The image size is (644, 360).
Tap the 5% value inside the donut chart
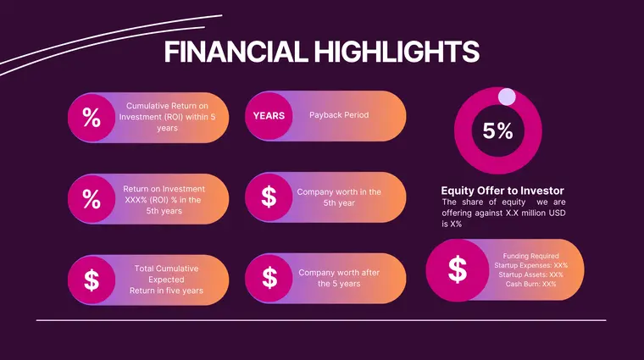[498, 131]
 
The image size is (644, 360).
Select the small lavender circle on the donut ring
[507, 96]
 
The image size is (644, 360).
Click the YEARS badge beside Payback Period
[269, 115]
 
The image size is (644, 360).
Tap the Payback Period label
[339, 115]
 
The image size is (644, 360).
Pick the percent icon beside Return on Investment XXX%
[91, 200]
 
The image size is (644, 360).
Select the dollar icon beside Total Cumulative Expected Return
[91, 279]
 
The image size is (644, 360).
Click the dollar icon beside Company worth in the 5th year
[269, 197]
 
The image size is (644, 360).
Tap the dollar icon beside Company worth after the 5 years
[269, 278]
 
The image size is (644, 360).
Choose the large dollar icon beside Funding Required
[457, 270]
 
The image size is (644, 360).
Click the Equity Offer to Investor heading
[502, 191]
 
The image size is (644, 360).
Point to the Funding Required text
[531, 256]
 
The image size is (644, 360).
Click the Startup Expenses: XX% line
[531, 265]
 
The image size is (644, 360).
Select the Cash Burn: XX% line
[531, 284]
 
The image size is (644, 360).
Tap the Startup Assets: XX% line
[531, 274]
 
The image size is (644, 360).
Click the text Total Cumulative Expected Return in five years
[166, 280]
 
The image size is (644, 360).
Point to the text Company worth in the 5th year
[339, 197]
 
